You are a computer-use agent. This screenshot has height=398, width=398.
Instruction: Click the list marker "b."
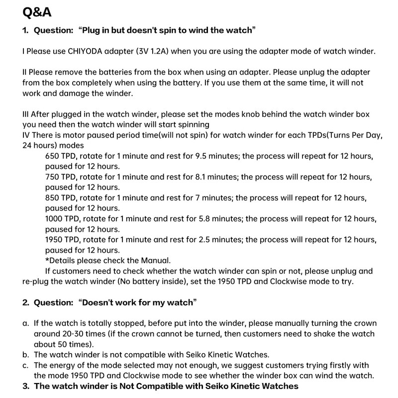coord(26,354)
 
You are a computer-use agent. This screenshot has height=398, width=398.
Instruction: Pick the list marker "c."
coord(26,365)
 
